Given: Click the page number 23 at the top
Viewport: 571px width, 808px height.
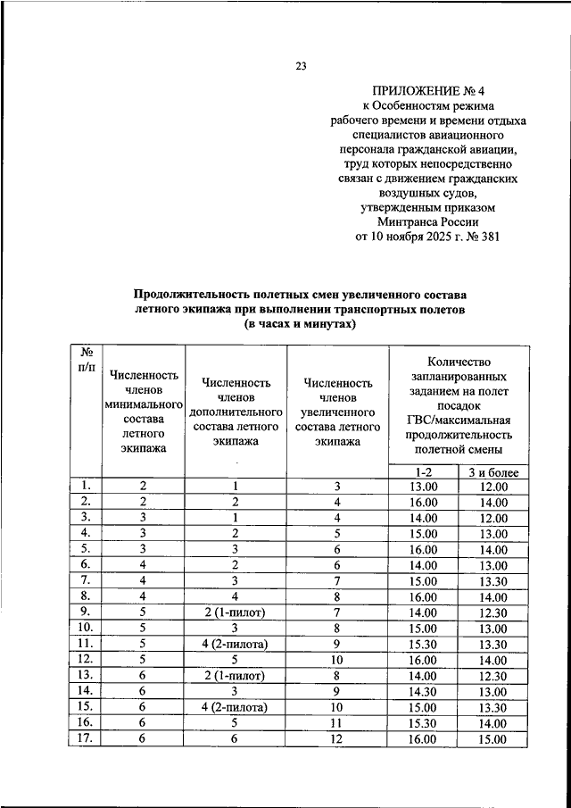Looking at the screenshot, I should coord(300,65).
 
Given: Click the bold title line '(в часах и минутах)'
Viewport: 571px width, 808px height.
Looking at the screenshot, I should coord(300,324).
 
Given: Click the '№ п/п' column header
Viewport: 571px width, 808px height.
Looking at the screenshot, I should coord(87,362).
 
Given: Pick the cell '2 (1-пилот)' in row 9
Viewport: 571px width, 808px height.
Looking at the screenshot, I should coord(236,611).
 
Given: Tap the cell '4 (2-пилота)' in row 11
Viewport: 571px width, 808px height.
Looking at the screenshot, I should coord(236,643).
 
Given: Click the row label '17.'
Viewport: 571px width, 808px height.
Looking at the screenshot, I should coord(87,738).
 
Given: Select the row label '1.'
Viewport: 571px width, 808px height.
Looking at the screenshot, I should coord(87,486).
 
